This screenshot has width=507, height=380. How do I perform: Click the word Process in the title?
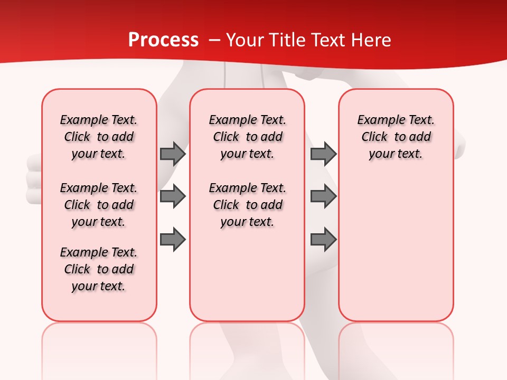pyautogui.click(x=163, y=40)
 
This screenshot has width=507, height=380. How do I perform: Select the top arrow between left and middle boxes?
pyautogui.click(x=173, y=154)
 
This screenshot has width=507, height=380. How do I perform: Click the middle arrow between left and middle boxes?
pyautogui.click(x=173, y=196)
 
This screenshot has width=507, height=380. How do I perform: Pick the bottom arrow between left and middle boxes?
pyautogui.click(x=173, y=239)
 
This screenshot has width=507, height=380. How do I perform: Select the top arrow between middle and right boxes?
pyautogui.click(x=323, y=154)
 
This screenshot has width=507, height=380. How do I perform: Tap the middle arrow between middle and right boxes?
pyautogui.click(x=323, y=196)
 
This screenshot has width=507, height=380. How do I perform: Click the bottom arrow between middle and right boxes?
pyautogui.click(x=323, y=239)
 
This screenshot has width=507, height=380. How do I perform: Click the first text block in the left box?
pyautogui.click(x=99, y=137)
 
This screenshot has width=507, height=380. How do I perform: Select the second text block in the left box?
pyautogui.click(x=99, y=205)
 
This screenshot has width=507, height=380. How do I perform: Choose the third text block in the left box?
pyautogui.click(x=99, y=269)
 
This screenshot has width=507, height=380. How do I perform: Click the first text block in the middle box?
pyautogui.click(x=247, y=137)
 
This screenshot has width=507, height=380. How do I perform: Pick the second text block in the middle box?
pyautogui.click(x=247, y=205)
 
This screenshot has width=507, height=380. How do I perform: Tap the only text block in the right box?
pyautogui.click(x=396, y=137)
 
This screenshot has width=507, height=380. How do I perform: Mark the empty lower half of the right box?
pyautogui.click(x=396, y=253)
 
